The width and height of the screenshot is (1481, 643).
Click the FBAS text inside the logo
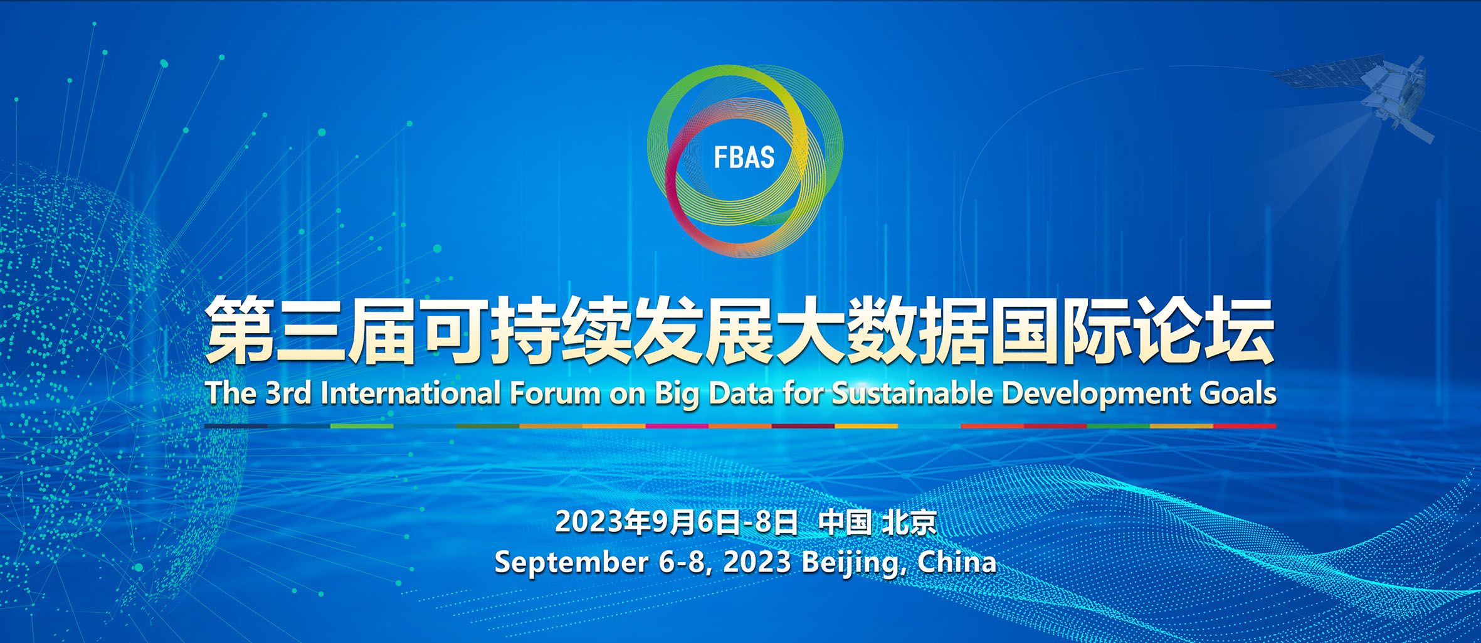(744, 157)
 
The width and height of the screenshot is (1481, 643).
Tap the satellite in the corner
(1373, 94)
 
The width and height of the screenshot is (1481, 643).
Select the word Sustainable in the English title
(912, 393)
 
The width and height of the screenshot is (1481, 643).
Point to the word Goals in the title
(1238, 393)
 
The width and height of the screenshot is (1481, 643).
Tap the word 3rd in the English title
(288, 393)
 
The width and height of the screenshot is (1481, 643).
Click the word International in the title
(411, 393)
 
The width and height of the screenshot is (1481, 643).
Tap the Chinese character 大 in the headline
(811, 330)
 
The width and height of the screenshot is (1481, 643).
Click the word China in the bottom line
(957, 562)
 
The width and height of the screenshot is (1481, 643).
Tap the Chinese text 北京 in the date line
(909, 523)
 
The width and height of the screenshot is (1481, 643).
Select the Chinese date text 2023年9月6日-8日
(677, 523)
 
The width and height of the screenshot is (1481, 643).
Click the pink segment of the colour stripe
(677, 426)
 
